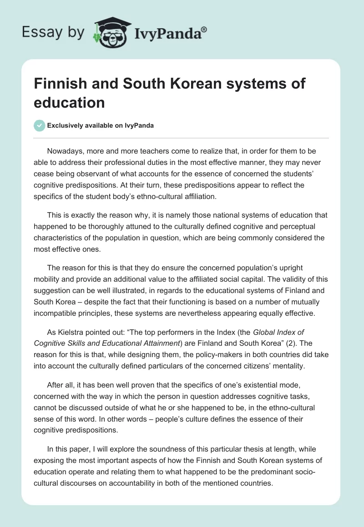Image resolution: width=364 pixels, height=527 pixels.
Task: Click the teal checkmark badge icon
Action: point(40,125)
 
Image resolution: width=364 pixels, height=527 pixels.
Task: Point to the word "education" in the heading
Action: point(69,102)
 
